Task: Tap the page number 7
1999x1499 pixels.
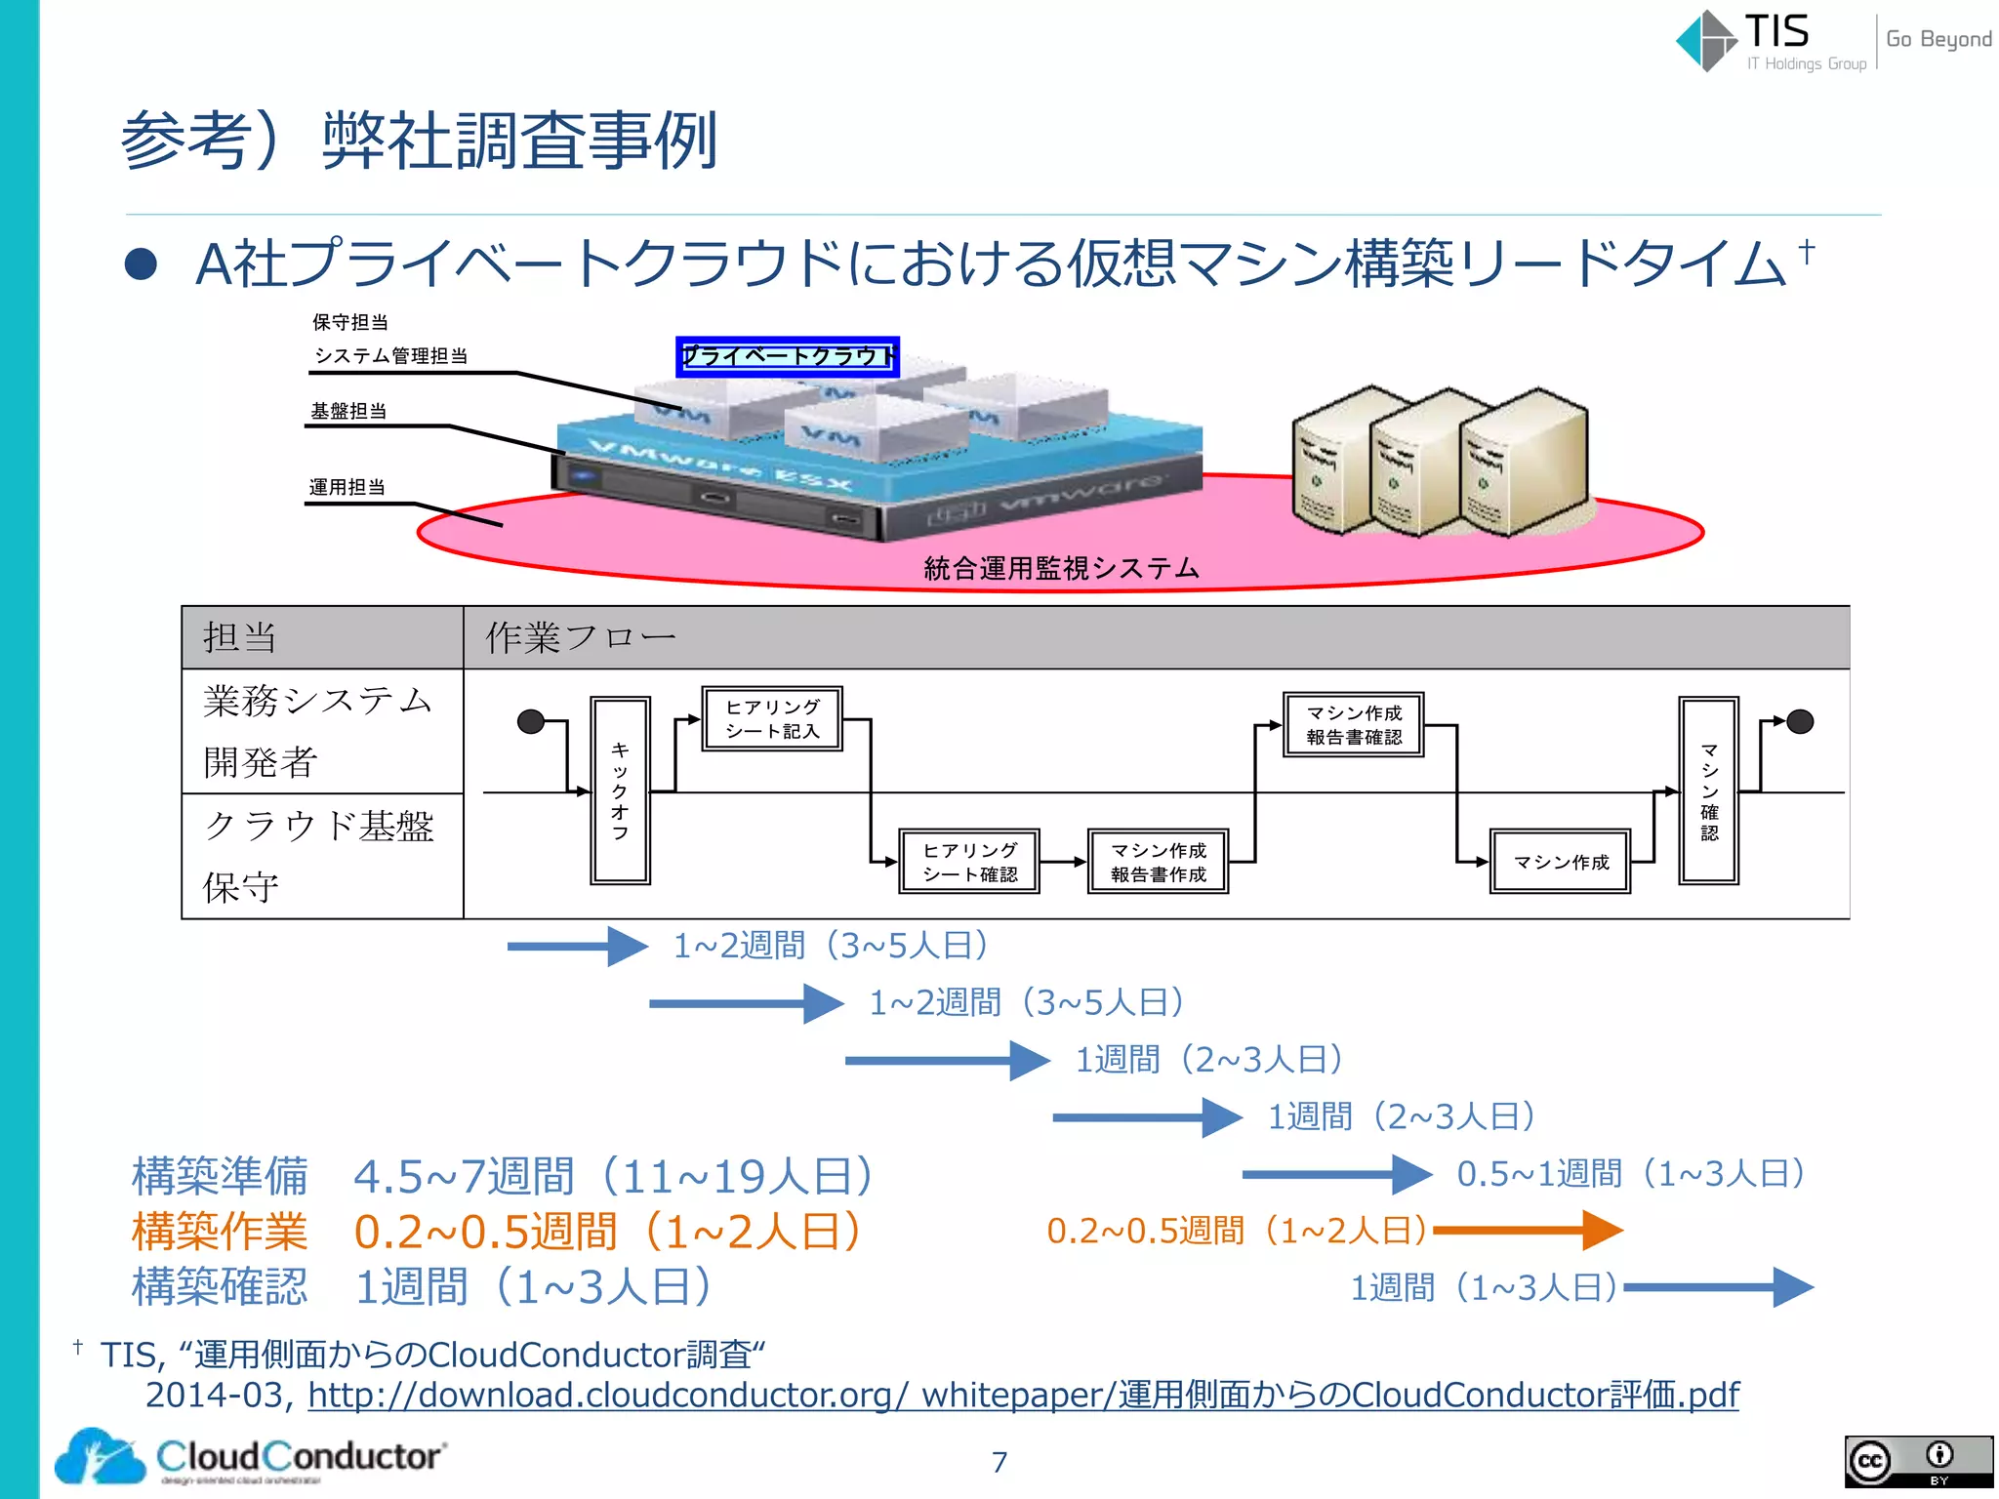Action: [x=999, y=1462]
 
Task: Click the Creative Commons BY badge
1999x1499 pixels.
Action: [x=1917, y=1462]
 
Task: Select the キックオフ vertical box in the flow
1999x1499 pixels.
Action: [x=620, y=790]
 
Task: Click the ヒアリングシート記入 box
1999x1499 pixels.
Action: [x=772, y=718]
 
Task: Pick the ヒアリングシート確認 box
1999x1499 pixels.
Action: [x=969, y=862]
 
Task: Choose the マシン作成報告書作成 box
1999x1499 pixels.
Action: [x=1158, y=862]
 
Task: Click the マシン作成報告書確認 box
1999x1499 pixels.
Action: [x=1353, y=725]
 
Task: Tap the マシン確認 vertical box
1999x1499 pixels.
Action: [x=1708, y=790]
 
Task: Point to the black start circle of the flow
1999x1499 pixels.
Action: [x=531, y=721]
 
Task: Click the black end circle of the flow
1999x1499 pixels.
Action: [x=1799, y=721]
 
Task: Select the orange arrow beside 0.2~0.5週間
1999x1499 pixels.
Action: [x=1528, y=1231]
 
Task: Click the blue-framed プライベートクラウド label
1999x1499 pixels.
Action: [x=787, y=356]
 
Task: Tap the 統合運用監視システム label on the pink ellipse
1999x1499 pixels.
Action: [x=1061, y=568]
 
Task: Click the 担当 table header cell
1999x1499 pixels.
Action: [x=322, y=637]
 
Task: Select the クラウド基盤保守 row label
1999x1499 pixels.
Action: [x=320, y=856]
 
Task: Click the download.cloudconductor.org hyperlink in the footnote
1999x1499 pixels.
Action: [x=1023, y=1395]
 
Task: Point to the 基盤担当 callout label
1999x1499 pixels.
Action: [x=348, y=411]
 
